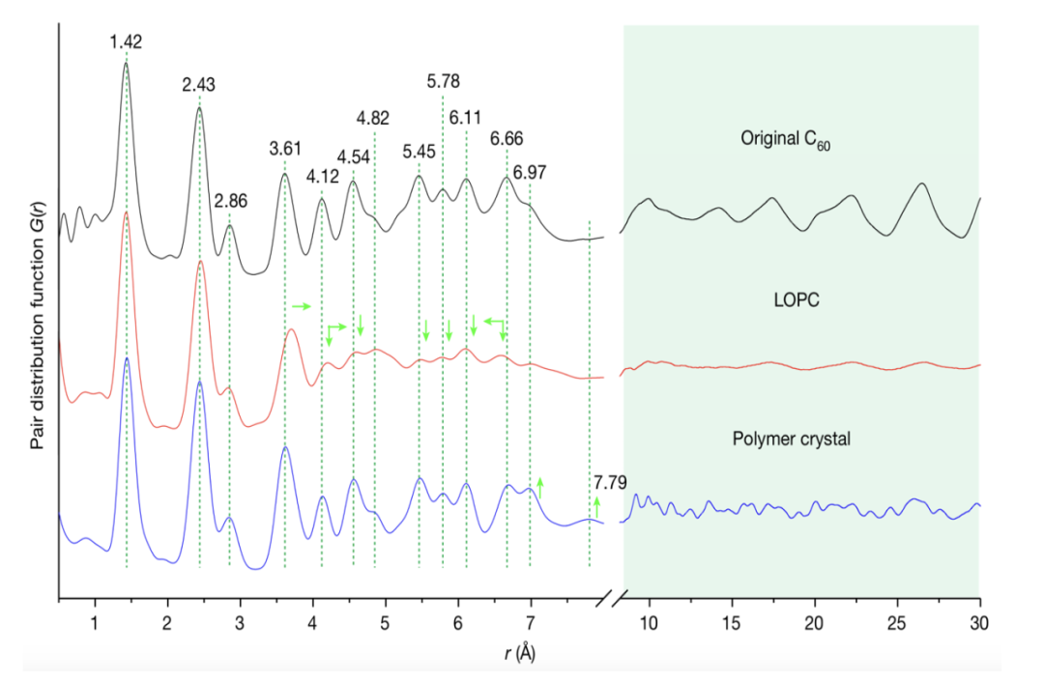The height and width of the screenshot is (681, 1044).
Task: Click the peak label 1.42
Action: (x=126, y=42)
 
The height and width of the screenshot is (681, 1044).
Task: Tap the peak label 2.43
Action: (x=198, y=85)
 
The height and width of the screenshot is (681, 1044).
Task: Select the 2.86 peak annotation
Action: (x=231, y=202)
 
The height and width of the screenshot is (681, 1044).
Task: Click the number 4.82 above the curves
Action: (x=373, y=119)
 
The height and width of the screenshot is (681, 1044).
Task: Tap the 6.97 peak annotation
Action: (x=530, y=173)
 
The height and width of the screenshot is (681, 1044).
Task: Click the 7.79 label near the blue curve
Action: (x=611, y=481)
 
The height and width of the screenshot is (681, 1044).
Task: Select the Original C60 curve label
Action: (x=787, y=139)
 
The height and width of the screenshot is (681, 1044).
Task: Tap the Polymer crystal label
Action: (x=792, y=439)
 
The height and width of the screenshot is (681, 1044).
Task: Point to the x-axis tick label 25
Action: (x=898, y=618)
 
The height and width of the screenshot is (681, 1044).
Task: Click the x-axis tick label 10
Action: (x=650, y=618)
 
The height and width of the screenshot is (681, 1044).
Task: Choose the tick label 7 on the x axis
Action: (x=530, y=618)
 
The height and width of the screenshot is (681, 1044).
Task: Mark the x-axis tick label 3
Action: (x=239, y=618)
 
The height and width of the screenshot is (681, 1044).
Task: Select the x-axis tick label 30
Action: (x=980, y=618)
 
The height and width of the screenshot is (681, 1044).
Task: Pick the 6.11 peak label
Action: (x=466, y=117)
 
